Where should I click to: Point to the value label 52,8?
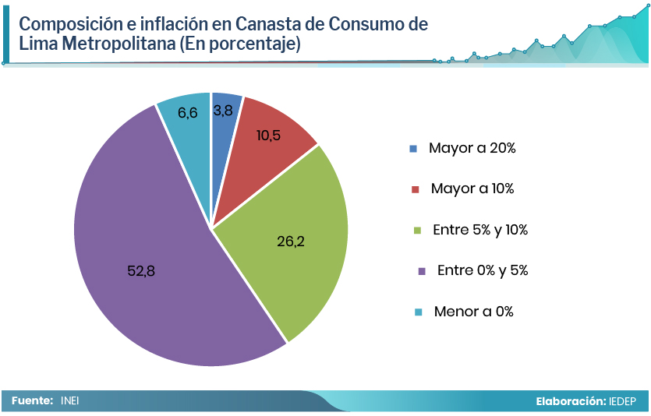pyautogui.click(x=141, y=271)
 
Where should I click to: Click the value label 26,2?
pyautogui.click(x=290, y=241)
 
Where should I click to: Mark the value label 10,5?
pyautogui.click(x=268, y=136)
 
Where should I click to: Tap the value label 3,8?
pyautogui.click(x=223, y=111)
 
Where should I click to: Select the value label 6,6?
pyautogui.click(x=187, y=113)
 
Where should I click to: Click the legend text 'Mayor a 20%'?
pyautogui.click(x=472, y=148)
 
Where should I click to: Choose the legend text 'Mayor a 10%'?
pyautogui.click(x=472, y=189)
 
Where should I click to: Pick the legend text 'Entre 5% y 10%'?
pyautogui.click(x=481, y=230)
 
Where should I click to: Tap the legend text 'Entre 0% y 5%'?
pyautogui.click(x=483, y=270)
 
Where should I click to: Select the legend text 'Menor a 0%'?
pyautogui.click(x=474, y=312)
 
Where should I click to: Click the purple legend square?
pyautogui.click(x=422, y=271)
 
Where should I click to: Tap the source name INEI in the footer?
pyautogui.click(x=70, y=401)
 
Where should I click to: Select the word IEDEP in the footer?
pyautogui.click(x=624, y=401)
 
